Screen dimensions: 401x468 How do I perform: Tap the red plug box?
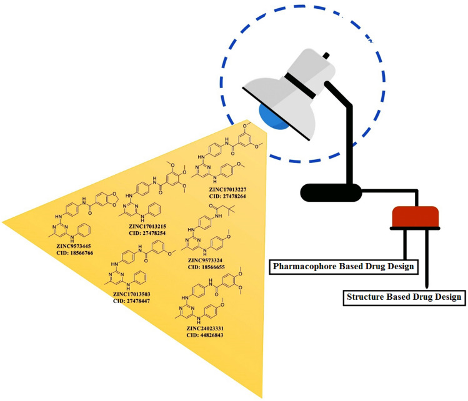click(x=416, y=216)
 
